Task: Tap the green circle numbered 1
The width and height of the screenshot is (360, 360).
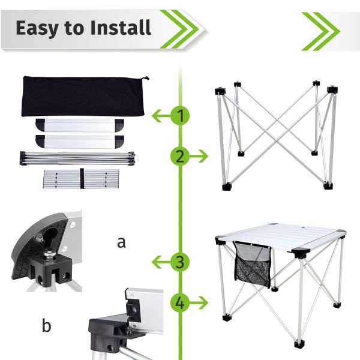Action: pyautogui.click(x=180, y=116)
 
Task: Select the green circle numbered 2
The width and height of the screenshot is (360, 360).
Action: pyautogui.click(x=180, y=157)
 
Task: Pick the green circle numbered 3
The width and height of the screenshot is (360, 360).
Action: pyautogui.click(x=180, y=262)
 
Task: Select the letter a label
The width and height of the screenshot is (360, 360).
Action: pyautogui.click(x=122, y=242)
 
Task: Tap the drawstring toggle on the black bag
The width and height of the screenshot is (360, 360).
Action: pyautogui.click(x=143, y=77)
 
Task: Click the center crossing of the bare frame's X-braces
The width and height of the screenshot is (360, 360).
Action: pyautogui.click(x=275, y=133)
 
